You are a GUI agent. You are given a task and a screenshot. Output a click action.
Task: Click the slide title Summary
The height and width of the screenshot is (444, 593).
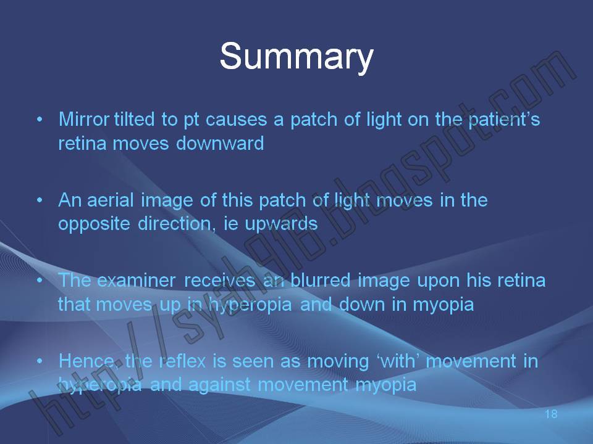point(296,56)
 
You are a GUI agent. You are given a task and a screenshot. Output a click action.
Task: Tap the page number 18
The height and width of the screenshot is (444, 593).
point(552,414)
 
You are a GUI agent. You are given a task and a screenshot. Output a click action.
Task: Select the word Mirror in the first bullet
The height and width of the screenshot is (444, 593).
point(84,119)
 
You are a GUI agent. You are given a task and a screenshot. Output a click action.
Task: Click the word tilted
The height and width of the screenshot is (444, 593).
point(131,119)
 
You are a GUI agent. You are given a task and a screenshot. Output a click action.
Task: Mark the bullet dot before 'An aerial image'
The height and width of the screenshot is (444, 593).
point(40,200)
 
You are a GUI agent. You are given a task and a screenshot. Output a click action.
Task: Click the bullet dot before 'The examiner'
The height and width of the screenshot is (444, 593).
point(40,281)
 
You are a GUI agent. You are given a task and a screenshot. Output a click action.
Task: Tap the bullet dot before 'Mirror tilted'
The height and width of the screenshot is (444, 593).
point(40,119)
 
